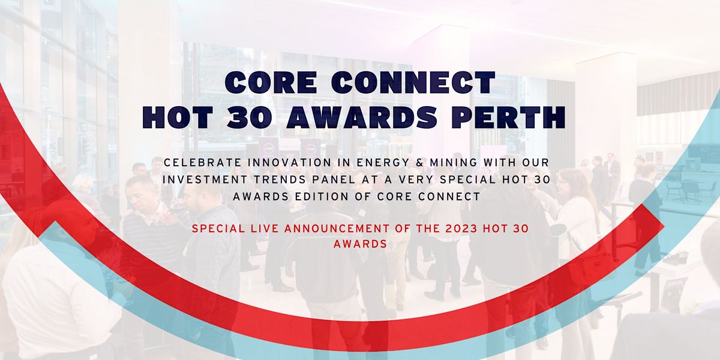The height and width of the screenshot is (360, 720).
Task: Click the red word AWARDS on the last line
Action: [x=360, y=244]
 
